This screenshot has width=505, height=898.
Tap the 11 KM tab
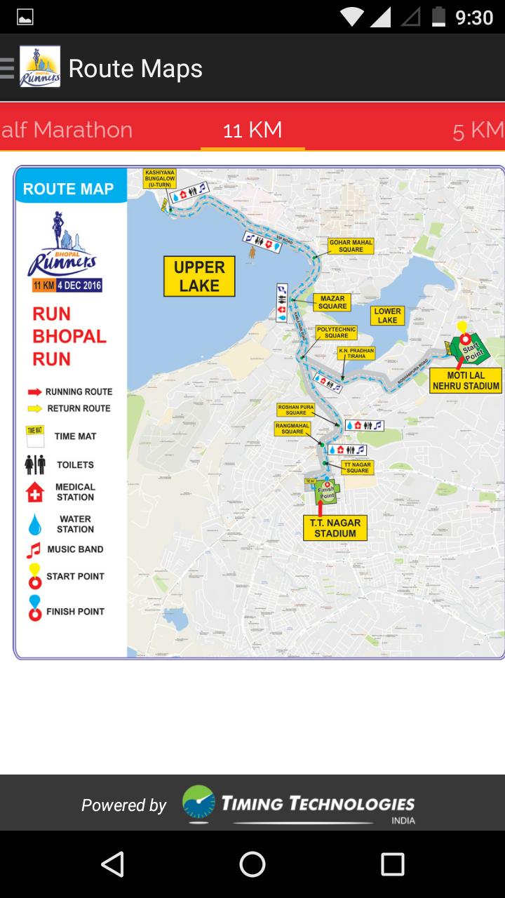[x=252, y=130]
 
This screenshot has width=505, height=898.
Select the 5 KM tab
[x=478, y=130]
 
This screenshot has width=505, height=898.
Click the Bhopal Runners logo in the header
[x=40, y=67]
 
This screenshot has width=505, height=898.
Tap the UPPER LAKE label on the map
[x=199, y=276]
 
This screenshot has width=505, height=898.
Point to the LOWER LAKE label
[x=387, y=316]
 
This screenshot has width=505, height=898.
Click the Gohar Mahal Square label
[x=351, y=246]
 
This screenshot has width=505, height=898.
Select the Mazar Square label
[x=332, y=302]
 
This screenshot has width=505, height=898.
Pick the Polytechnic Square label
[x=337, y=332]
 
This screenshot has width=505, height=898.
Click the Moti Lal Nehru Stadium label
[x=466, y=380]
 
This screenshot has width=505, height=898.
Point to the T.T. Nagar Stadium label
[x=335, y=528]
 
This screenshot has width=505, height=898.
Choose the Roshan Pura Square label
[x=296, y=409]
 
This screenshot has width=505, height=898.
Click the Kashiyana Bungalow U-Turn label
[x=159, y=178]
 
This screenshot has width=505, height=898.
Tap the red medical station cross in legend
[x=34, y=492]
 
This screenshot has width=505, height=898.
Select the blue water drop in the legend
[x=34, y=524]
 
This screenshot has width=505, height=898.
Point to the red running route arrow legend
[x=34, y=391]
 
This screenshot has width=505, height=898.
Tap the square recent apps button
[x=393, y=864]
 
